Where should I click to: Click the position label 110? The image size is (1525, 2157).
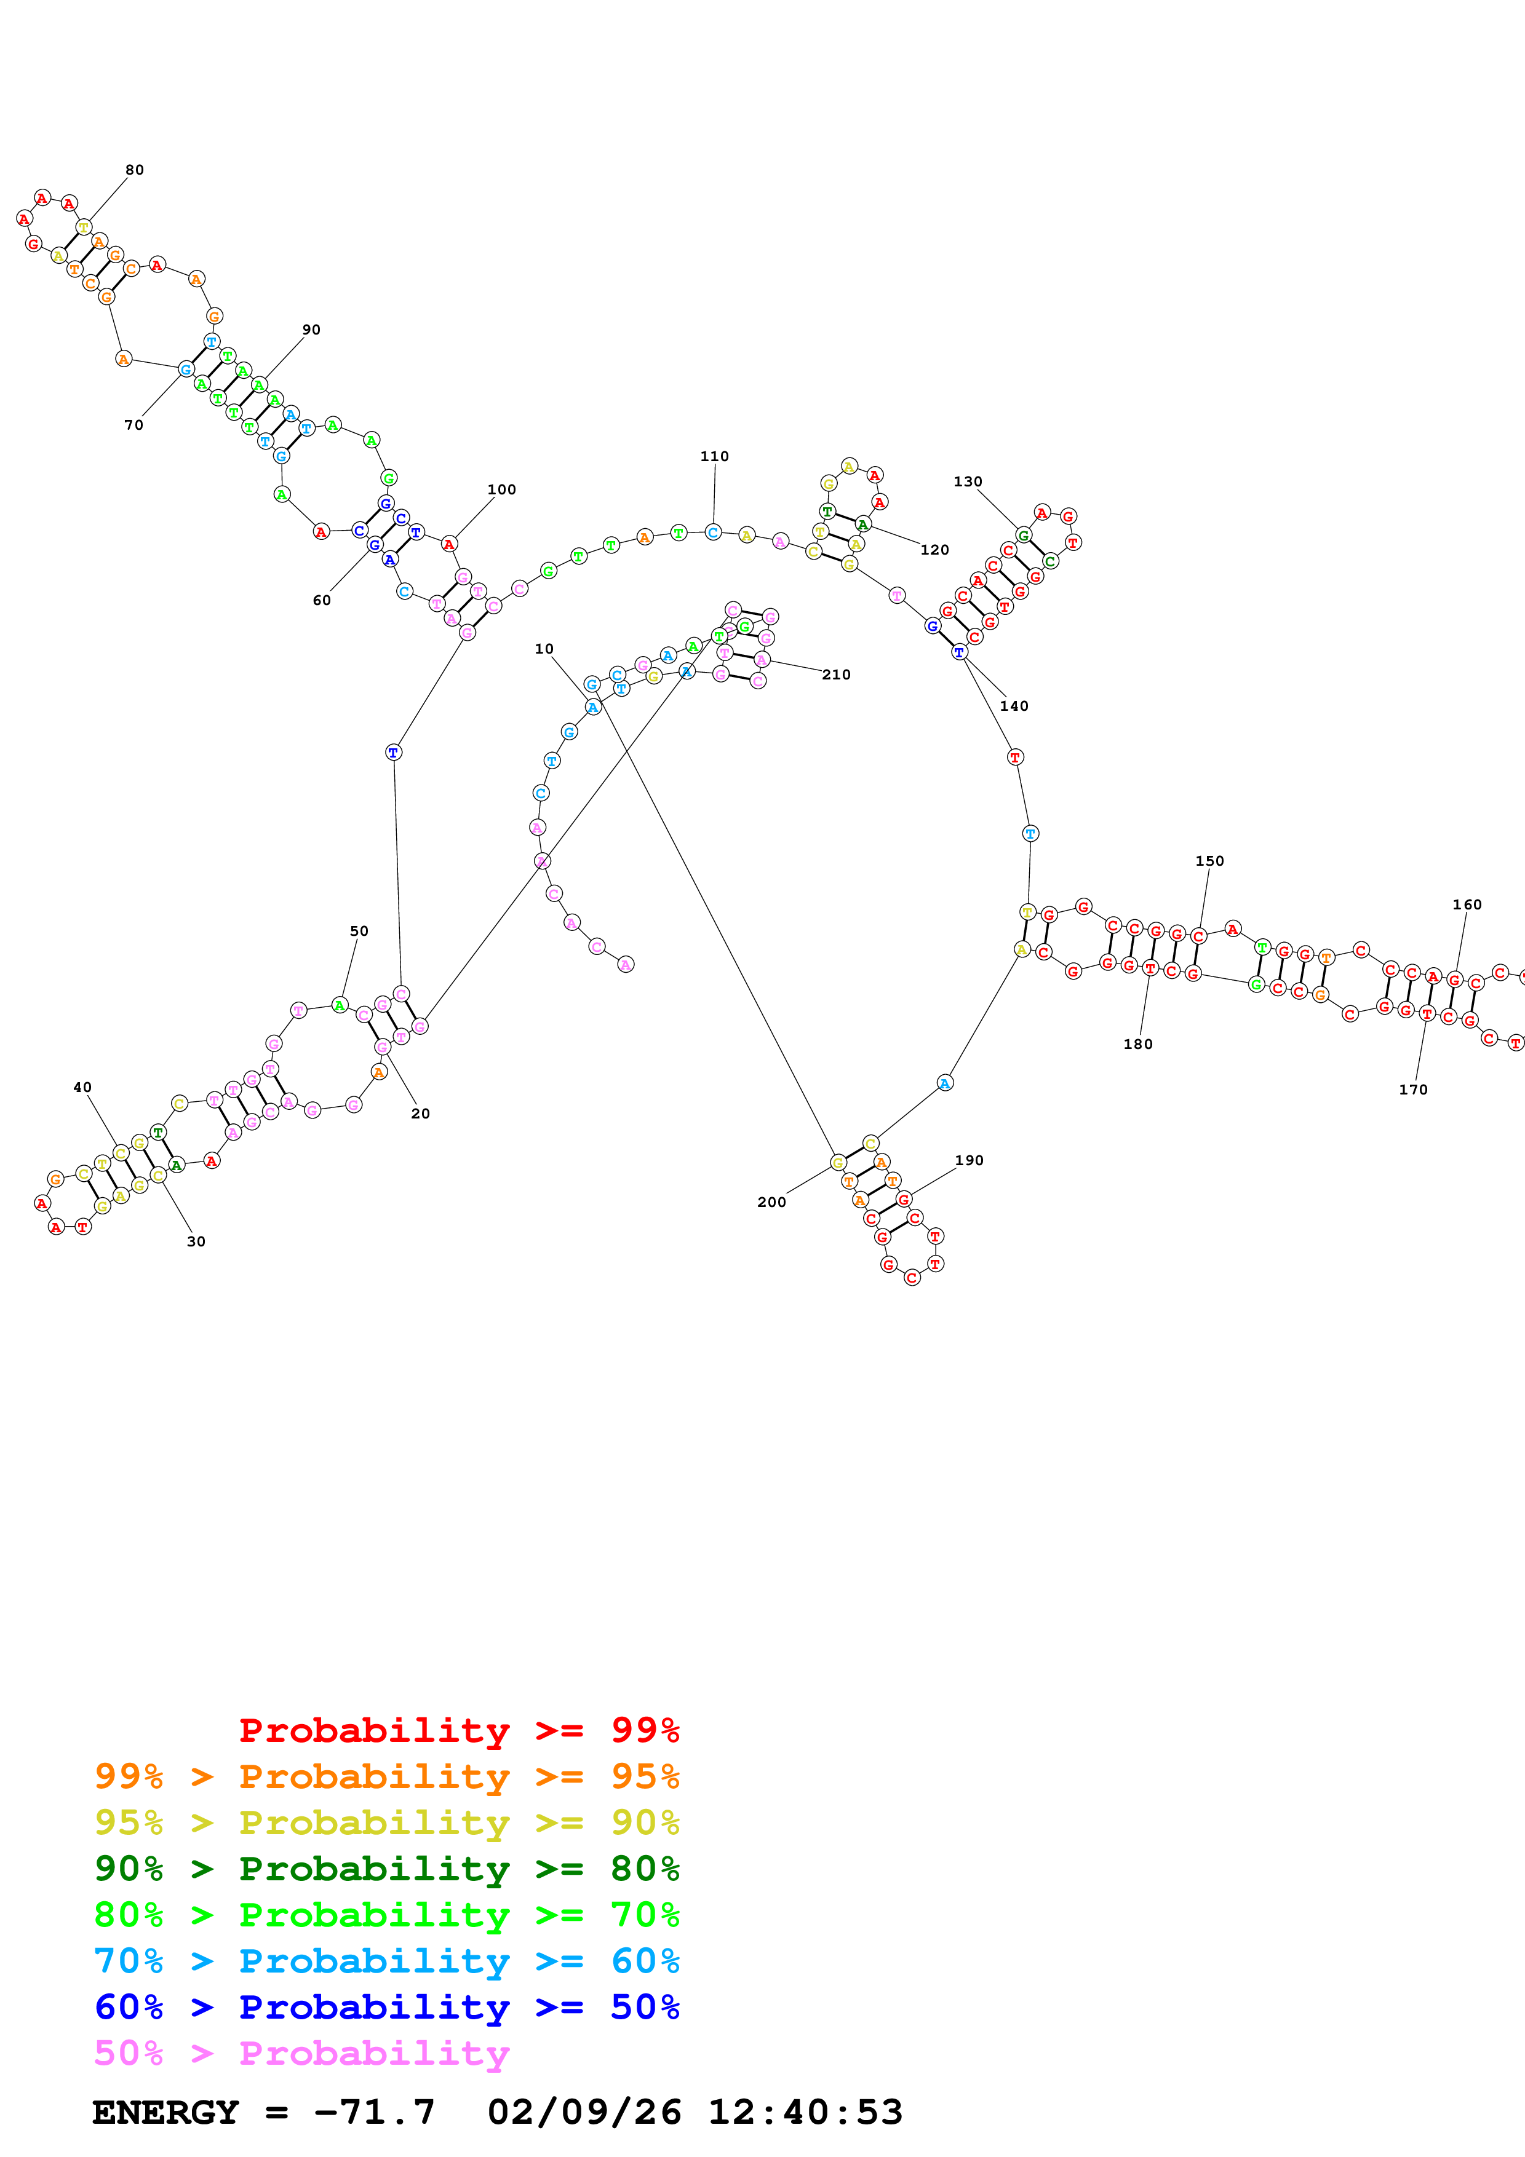(714, 457)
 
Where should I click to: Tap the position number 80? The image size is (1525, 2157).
(134, 170)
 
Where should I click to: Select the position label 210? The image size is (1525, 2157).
(835, 675)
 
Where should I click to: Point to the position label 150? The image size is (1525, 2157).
(1209, 861)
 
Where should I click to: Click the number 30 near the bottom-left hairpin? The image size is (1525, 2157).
(196, 1241)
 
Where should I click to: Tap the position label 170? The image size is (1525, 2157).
(1412, 1090)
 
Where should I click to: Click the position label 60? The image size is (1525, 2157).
(321, 600)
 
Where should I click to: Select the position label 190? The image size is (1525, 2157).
(969, 1160)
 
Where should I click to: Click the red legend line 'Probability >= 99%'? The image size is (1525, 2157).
(458, 1730)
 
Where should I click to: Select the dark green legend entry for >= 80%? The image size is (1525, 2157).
(386, 1869)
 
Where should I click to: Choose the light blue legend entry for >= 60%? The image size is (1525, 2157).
(386, 1961)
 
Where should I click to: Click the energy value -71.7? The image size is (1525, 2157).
(374, 2112)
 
